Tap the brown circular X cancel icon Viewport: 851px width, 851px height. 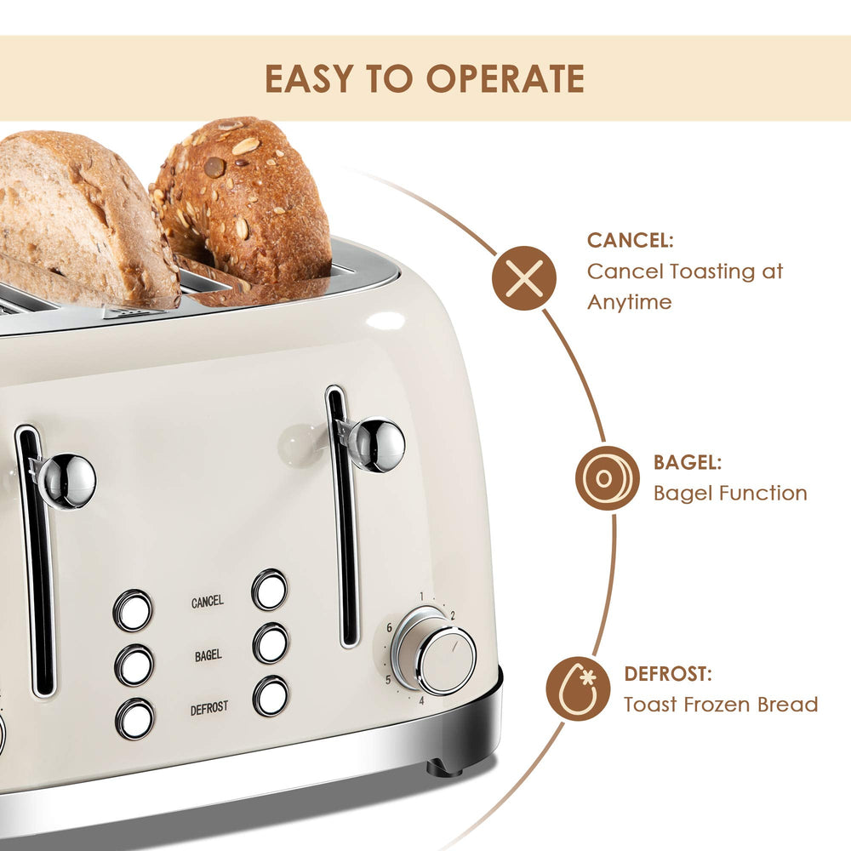(x=524, y=278)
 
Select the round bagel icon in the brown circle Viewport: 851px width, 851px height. (x=607, y=478)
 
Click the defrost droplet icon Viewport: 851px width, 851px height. (x=579, y=689)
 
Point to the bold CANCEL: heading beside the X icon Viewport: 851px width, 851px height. (x=631, y=241)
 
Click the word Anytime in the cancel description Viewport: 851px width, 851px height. (x=629, y=302)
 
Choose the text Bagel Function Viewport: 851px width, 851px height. (x=729, y=493)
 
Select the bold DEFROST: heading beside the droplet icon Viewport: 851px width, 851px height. (x=668, y=674)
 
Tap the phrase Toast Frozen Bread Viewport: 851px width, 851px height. (x=720, y=705)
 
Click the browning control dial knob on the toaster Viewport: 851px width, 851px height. (x=444, y=660)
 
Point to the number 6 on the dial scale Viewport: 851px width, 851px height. (x=389, y=627)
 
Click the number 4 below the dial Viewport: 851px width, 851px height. (x=421, y=701)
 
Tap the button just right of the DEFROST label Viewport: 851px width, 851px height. (x=270, y=696)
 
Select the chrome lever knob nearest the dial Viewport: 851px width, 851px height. (x=375, y=444)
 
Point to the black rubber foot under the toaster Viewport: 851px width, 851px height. (x=444, y=767)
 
